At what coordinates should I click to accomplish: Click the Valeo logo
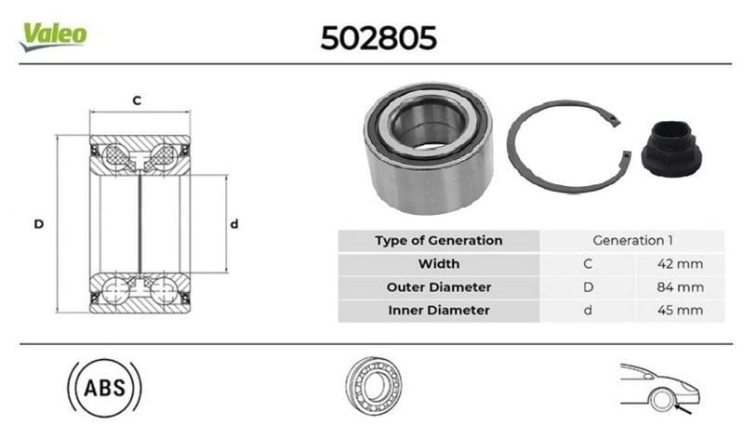[53, 36]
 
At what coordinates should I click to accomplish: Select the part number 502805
[379, 38]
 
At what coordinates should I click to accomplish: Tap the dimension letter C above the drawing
[137, 100]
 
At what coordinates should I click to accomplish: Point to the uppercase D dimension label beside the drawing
[39, 224]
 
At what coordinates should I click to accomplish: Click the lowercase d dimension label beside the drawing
[234, 223]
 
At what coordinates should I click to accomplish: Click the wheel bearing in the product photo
[428, 148]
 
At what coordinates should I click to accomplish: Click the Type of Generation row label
[438, 241]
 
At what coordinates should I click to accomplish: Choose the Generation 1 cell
[632, 241]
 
